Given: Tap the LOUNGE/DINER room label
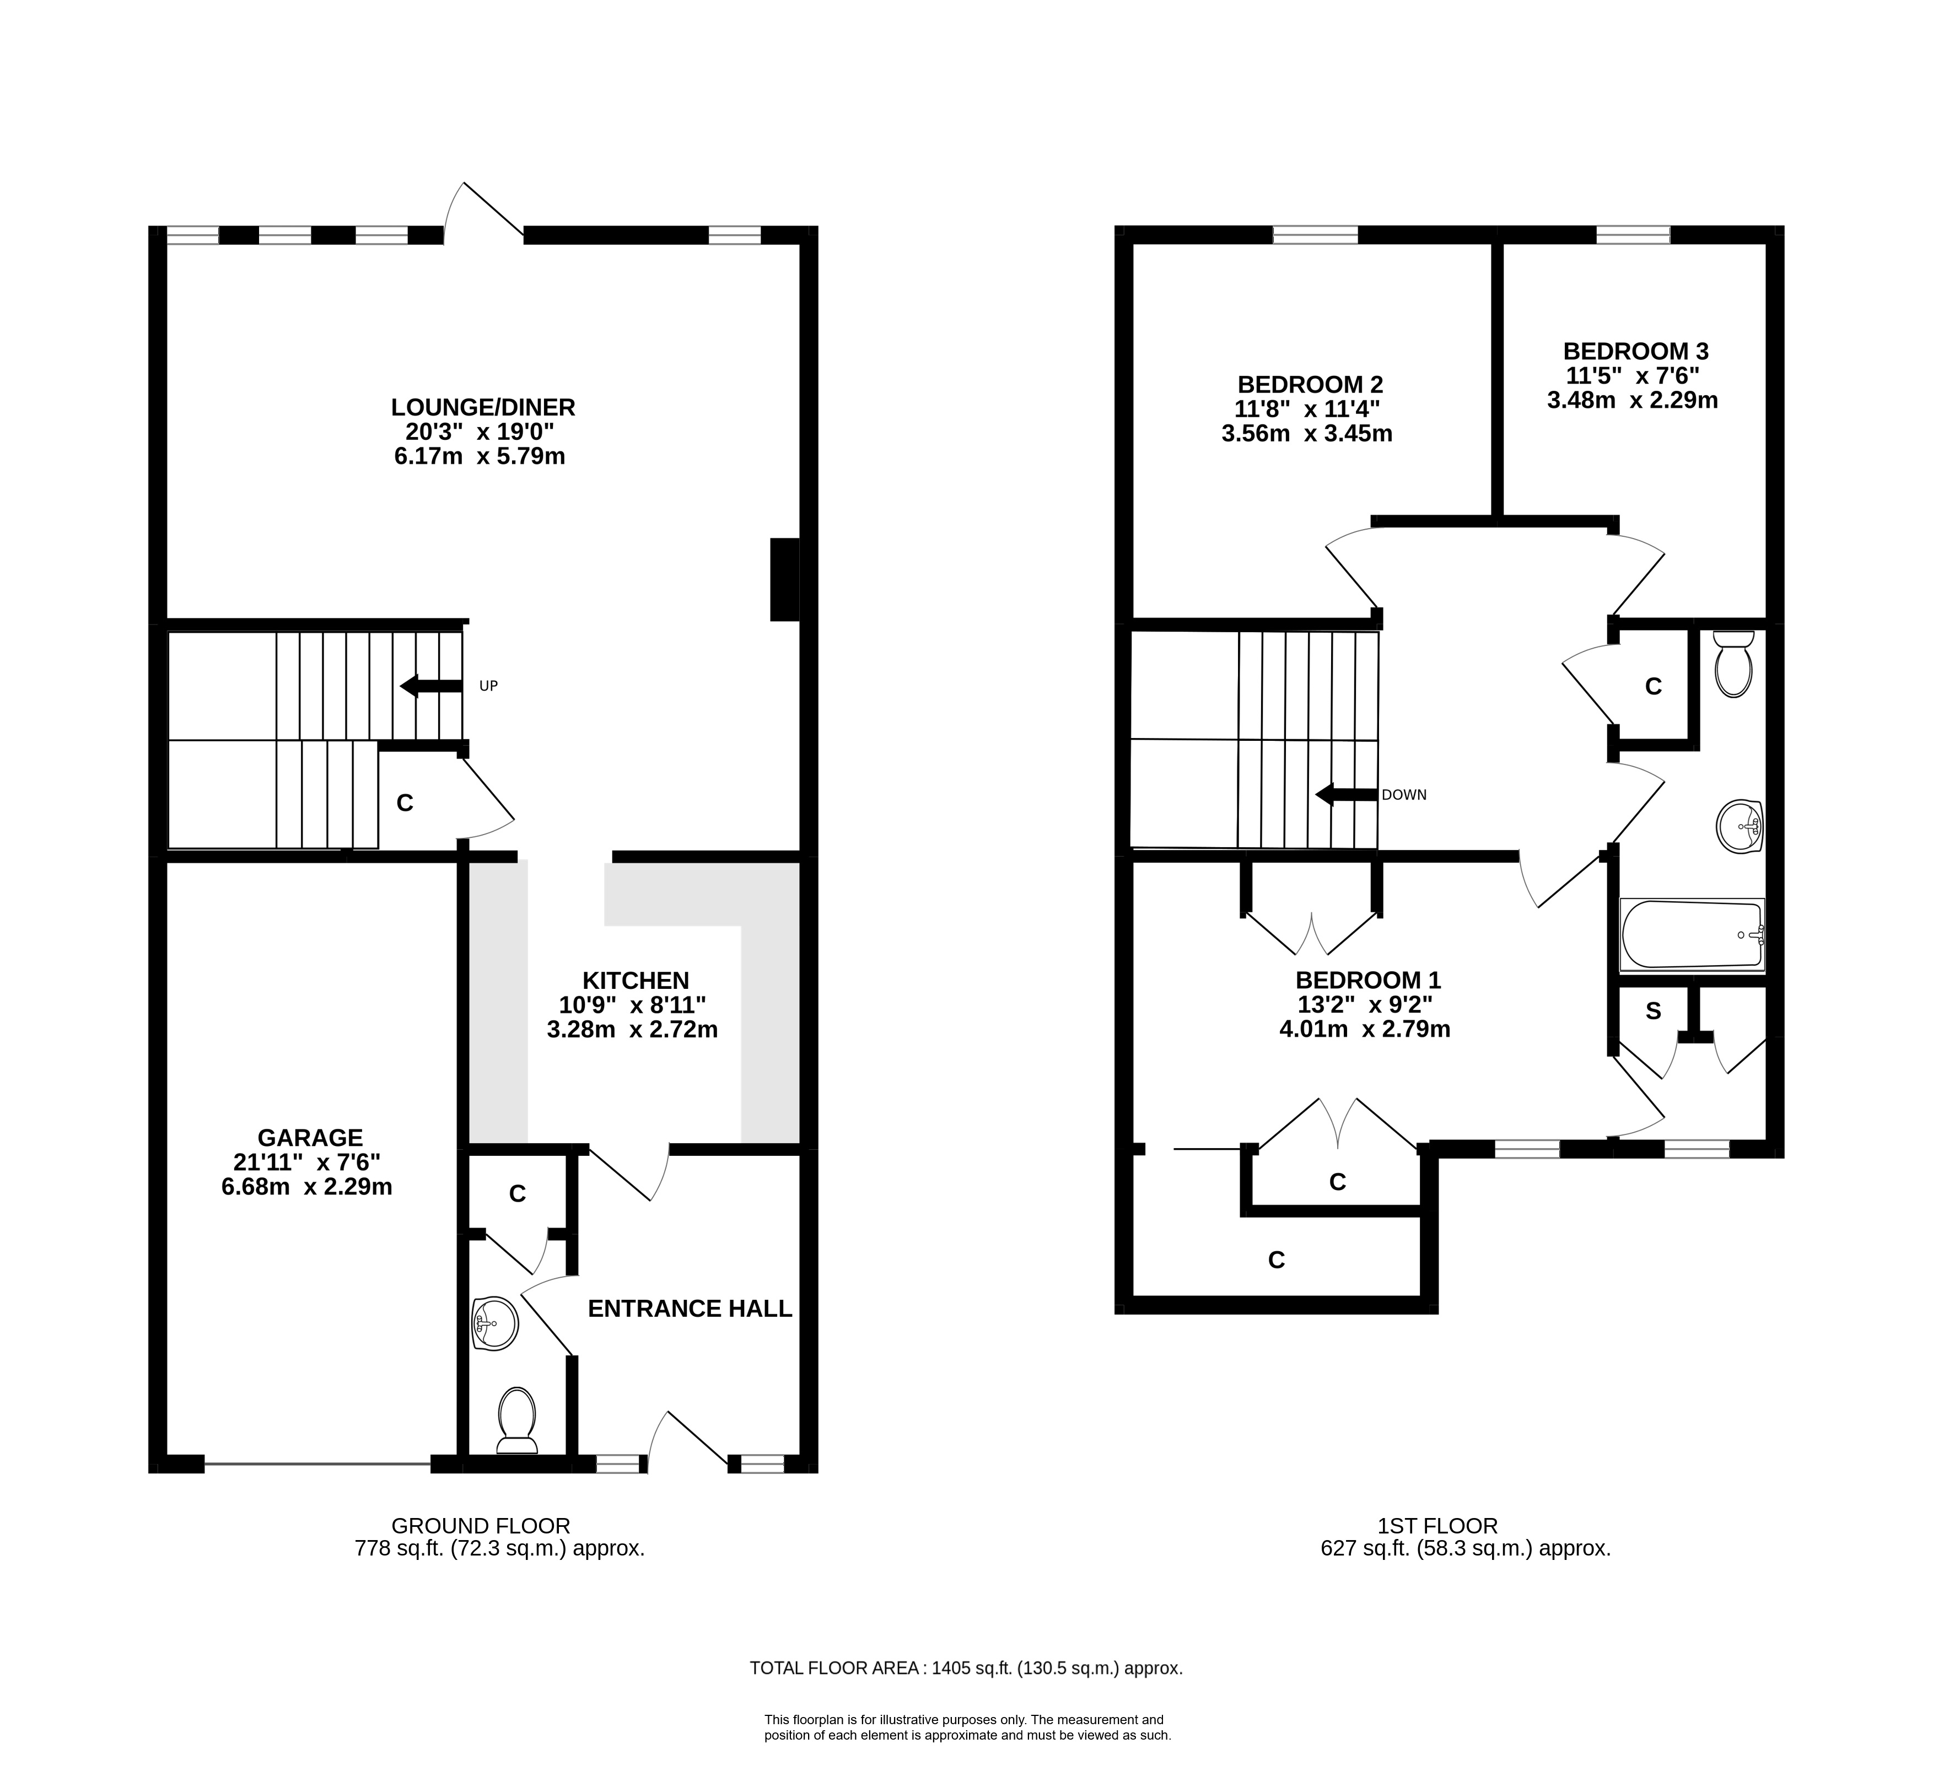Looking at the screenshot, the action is [x=483, y=407].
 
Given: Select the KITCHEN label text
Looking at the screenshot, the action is [x=636, y=980].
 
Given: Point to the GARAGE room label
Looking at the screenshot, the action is [x=309, y=1138].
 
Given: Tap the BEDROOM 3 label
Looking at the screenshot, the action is [x=1636, y=351].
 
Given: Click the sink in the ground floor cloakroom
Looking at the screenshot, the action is [x=495, y=1323].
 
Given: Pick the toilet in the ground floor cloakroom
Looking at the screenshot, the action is [x=518, y=1420].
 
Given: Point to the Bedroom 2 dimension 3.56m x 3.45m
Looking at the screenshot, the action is [x=1307, y=433].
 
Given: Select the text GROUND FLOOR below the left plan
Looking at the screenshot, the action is [x=481, y=1525].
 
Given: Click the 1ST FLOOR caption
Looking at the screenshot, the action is [x=1437, y=1525].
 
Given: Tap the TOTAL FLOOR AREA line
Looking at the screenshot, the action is [x=966, y=1669].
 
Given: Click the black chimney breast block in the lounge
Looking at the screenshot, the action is [x=785, y=579].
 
